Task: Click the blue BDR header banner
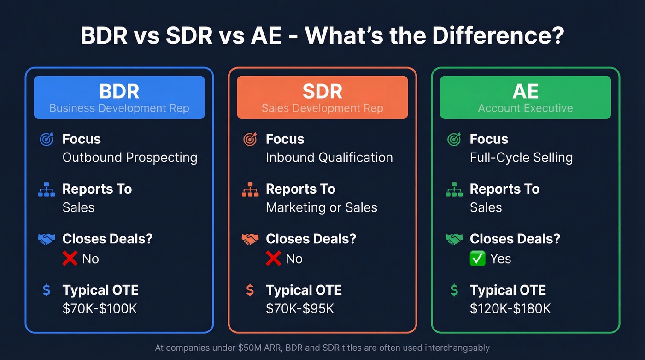[119, 97]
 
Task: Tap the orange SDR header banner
[322, 97]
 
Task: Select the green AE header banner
[525, 97]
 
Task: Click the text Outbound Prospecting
[130, 158]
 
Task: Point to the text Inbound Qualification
[329, 158]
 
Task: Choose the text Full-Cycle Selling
[521, 158]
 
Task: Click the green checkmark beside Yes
[478, 259]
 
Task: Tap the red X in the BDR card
[70, 259]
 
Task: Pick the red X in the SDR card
[273, 259]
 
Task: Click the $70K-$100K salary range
[100, 308]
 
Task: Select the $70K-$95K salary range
[300, 308]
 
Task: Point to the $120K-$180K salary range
[510, 308]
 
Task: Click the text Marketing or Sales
[322, 207]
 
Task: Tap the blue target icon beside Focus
[47, 139]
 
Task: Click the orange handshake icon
[250, 239]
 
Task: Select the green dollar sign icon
[454, 290]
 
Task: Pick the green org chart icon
[454, 189]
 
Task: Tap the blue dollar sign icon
[47, 290]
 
